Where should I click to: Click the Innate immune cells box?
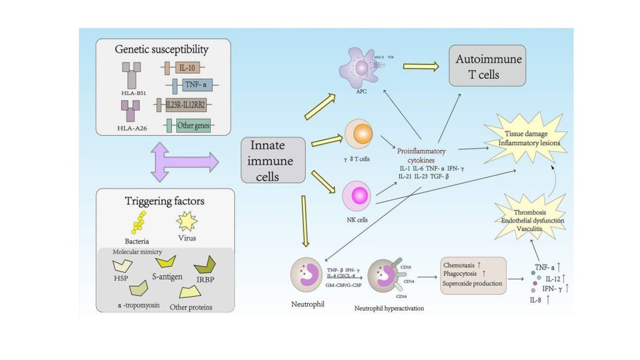click(273, 161)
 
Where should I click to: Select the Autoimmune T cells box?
click(480, 69)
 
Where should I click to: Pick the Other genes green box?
click(189, 125)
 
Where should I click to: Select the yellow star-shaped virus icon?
click(187, 221)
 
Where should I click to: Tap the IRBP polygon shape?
click(204, 264)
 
